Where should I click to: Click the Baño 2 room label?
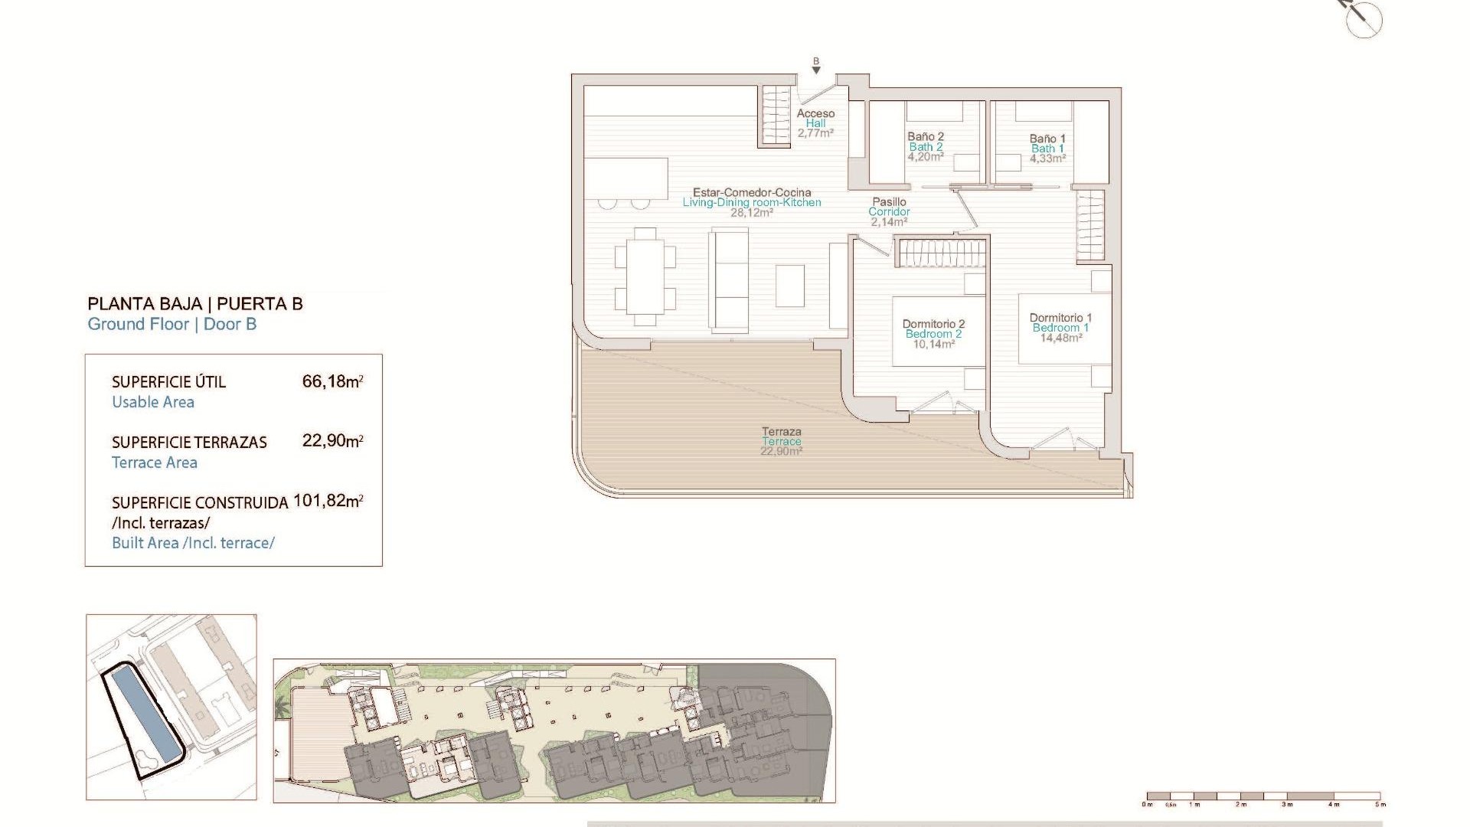click(x=926, y=137)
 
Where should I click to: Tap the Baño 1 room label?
click(x=1047, y=139)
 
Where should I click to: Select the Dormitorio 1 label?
click(x=1060, y=318)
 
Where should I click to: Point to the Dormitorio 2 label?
click(x=933, y=324)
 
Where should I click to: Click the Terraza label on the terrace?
click(x=781, y=432)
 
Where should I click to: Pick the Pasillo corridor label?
click(x=889, y=202)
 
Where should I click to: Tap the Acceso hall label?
click(x=815, y=113)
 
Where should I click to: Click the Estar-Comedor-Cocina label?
click(x=752, y=193)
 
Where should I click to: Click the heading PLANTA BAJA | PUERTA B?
click(x=195, y=304)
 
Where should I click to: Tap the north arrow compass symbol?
click(x=1364, y=18)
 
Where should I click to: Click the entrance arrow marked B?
click(x=816, y=67)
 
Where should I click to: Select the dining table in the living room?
click(x=645, y=276)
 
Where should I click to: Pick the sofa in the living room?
click(x=729, y=280)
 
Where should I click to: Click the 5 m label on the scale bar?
click(x=1380, y=805)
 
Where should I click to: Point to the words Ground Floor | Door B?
click(x=172, y=324)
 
